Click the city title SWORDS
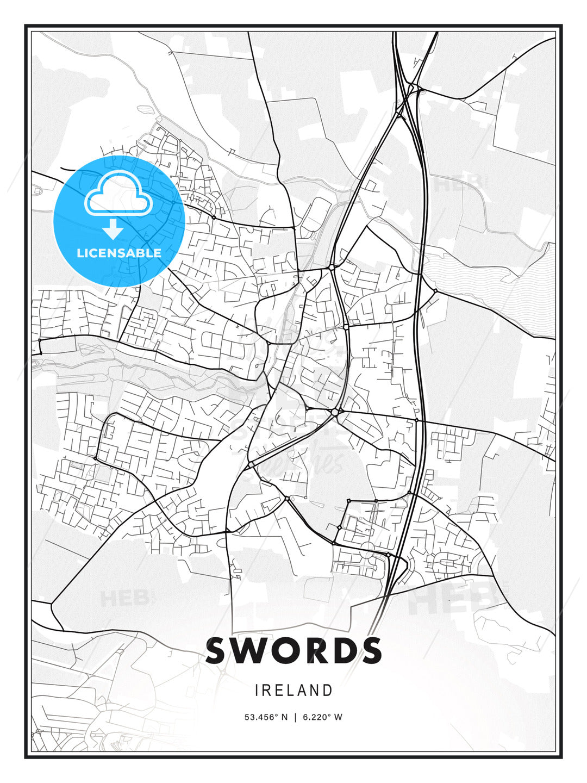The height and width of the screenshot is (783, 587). click(293, 651)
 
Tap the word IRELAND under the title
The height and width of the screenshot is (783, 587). click(293, 691)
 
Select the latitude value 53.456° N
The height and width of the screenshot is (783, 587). click(266, 717)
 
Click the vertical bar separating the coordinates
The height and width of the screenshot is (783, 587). click(294, 717)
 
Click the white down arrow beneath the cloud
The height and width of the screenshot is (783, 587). click(113, 229)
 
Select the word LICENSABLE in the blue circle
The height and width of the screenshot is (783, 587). click(119, 253)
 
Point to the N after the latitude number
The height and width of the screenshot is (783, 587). click(284, 717)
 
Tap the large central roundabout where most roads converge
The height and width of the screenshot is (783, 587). click(334, 413)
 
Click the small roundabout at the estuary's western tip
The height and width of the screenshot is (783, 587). click(435, 291)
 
